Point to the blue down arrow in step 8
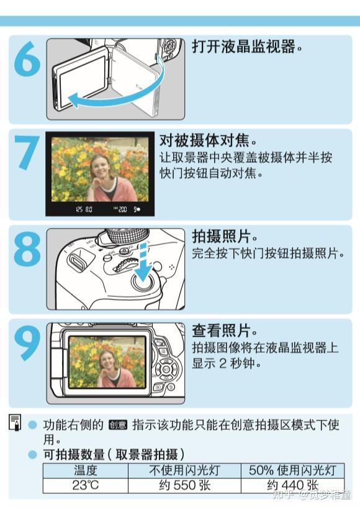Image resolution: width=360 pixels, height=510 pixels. [x=143, y=264]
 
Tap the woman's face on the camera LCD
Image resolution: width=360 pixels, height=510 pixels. [x=107, y=360]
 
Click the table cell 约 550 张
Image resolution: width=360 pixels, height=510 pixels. [x=184, y=485]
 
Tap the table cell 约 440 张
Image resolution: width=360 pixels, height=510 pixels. [x=292, y=485]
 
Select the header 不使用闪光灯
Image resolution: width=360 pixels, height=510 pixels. [x=184, y=470]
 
